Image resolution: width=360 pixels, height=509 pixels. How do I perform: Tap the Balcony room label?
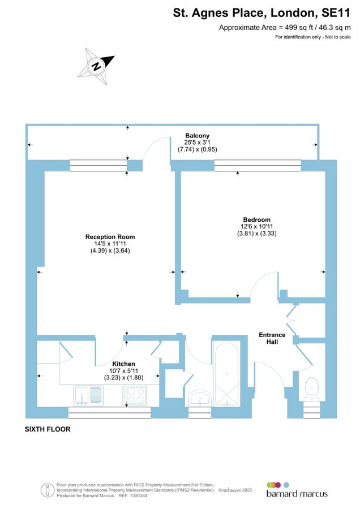click(x=198, y=136)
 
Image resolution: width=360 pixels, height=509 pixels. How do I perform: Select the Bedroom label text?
click(x=257, y=219)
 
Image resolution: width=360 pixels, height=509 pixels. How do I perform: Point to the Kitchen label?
click(x=123, y=364)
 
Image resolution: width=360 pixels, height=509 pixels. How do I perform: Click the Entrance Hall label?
click(x=272, y=338)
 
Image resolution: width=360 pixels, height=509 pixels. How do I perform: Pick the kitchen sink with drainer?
click(x=88, y=395)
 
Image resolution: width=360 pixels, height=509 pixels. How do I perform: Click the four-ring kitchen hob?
click(x=135, y=395)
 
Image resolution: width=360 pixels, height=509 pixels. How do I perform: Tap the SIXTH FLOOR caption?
click(x=48, y=429)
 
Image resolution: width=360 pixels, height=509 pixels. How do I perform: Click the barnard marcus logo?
click(x=297, y=490)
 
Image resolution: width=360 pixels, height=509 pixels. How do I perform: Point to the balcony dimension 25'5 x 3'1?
click(x=198, y=143)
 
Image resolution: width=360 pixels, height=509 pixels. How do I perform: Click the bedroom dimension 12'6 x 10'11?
click(x=257, y=226)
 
